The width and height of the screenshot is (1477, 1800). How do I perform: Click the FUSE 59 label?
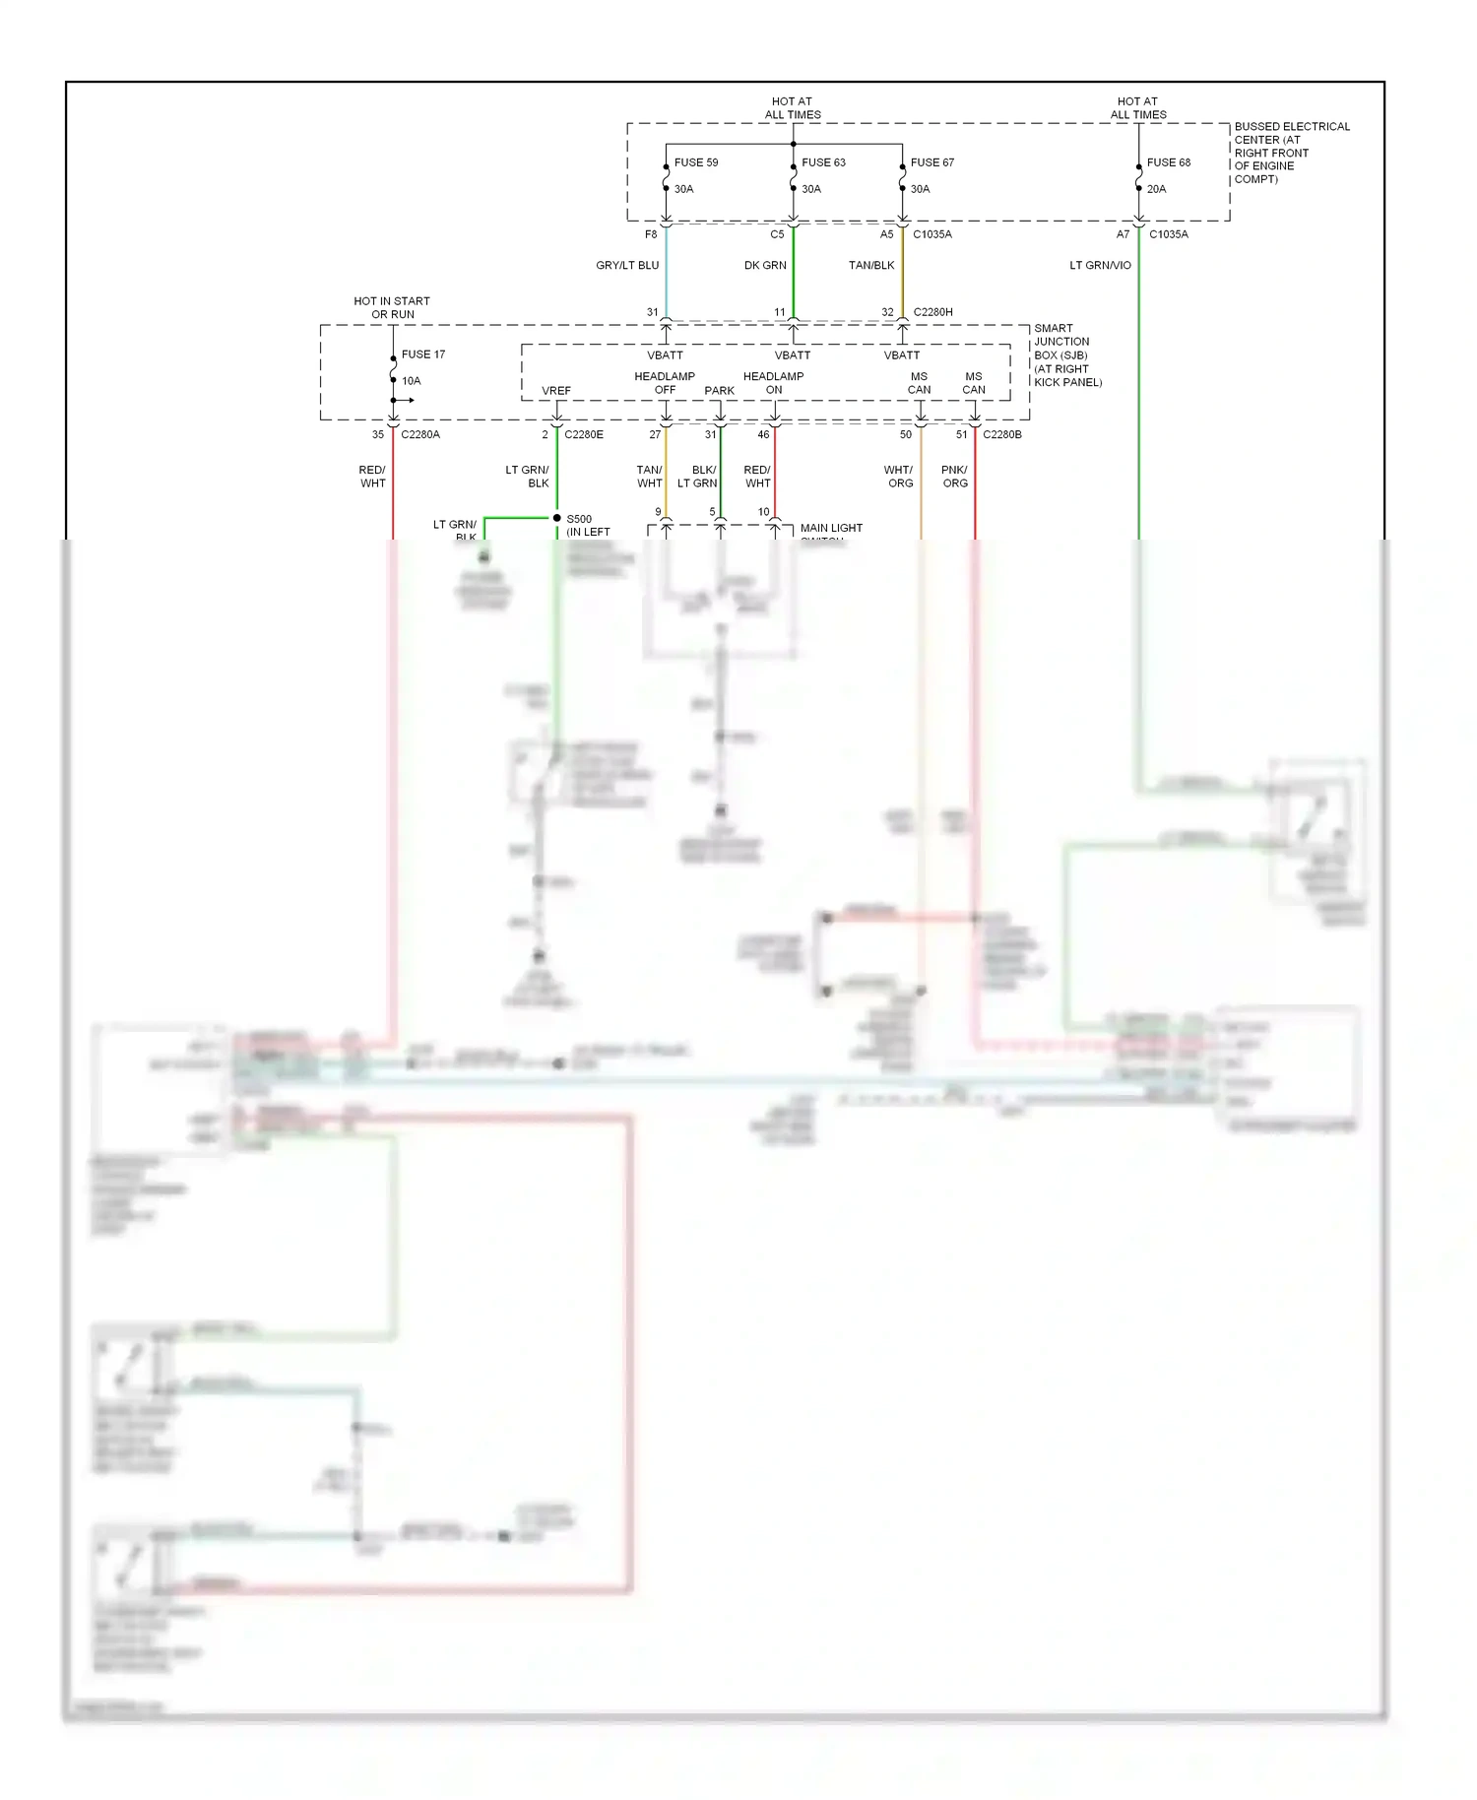click(695, 162)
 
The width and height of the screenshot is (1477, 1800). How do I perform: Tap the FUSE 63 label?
click(823, 162)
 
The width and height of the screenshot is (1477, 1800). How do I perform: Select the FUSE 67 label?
click(931, 162)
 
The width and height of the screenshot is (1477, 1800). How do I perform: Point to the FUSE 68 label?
click(1168, 162)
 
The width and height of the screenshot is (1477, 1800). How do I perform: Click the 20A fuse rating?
click(1156, 189)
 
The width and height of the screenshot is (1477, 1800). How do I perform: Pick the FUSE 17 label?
click(422, 354)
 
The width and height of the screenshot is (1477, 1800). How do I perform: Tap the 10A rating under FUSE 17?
click(411, 381)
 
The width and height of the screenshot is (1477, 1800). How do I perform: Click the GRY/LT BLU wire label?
click(627, 266)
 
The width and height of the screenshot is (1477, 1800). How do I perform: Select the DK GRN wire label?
click(765, 266)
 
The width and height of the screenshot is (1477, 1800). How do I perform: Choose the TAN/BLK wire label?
click(871, 266)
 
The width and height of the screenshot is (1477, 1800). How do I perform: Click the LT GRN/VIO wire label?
click(1100, 266)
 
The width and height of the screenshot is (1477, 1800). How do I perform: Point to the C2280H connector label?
click(932, 312)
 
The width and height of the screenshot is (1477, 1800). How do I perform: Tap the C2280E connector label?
click(584, 434)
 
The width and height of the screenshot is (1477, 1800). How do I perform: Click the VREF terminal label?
click(556, 391)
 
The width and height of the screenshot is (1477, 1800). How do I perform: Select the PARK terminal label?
click(720, 391)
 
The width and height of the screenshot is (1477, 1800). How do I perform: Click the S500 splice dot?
click(557, 518)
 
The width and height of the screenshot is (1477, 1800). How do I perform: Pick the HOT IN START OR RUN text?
click(392, 308)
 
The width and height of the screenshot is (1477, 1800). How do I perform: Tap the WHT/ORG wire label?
click(899, 477)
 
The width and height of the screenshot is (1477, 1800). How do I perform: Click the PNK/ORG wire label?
click(954, 477)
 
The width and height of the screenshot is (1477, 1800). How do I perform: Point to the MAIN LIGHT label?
click(831, 529)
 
